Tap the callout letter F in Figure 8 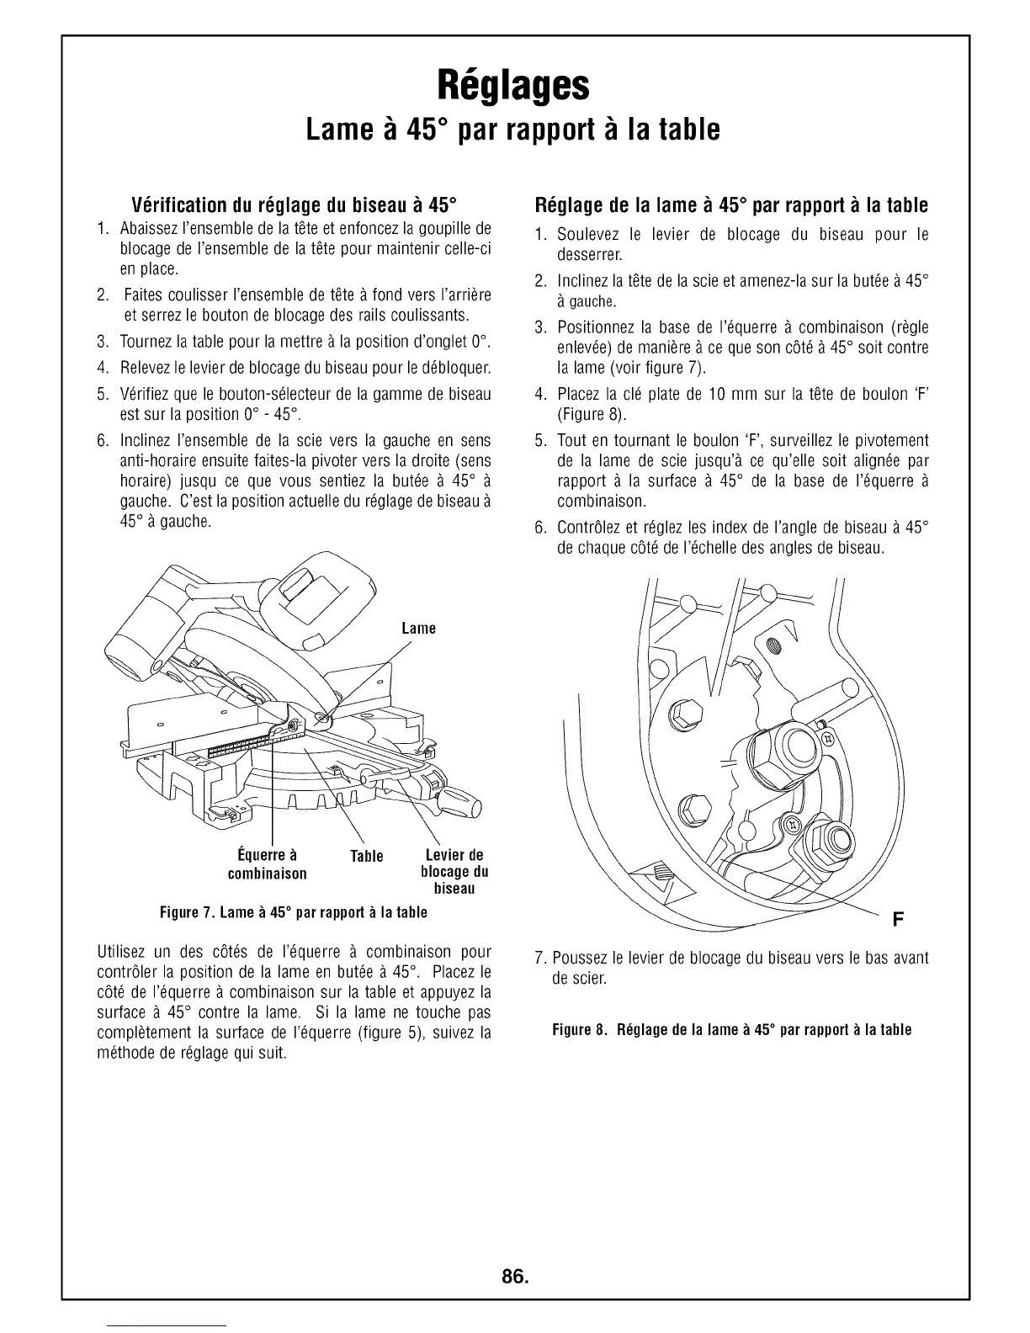click(897, 918)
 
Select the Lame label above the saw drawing click(418, 629)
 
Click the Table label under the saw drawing click(366, 856)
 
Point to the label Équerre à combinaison click(268, 864)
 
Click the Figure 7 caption click(295, 912)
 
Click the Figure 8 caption click(731, 1029)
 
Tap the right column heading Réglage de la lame click(731, 206)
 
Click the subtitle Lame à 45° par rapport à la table click(513, 130)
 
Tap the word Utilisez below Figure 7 click(127, 952)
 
